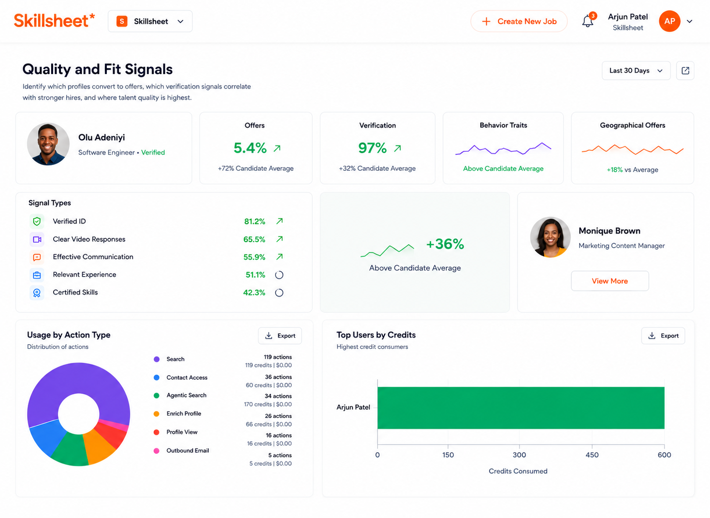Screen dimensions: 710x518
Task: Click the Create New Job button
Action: (519, 21)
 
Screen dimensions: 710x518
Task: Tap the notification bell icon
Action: (587, 21)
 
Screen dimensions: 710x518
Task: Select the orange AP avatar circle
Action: (669, 21)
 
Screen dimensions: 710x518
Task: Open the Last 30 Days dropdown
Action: (636, 71)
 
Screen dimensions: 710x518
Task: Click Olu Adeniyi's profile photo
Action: (48, 144)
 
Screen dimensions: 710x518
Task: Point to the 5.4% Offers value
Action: (250, 148)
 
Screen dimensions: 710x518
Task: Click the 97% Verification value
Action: (373, 148)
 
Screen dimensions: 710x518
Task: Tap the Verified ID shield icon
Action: (37, 221)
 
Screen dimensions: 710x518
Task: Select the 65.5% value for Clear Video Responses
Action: (254, 239)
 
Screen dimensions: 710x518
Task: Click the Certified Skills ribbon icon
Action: (37, 293)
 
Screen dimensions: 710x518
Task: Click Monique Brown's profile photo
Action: (550, 237)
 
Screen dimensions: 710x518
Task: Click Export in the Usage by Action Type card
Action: (280, 336)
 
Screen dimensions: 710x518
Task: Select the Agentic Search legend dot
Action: (156, 395)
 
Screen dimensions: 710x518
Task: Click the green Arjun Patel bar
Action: (521, 408)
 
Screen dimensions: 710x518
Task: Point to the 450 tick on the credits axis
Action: (592, 455)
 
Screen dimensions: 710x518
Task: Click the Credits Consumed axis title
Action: (518, 471)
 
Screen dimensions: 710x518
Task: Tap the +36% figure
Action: (445, 244)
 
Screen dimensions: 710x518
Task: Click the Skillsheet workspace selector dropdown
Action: (150, 21)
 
